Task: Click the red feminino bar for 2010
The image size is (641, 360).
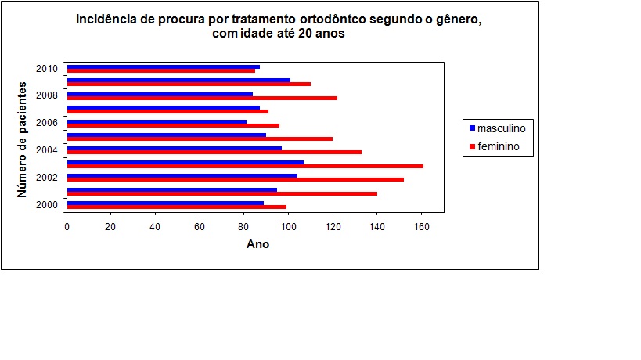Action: pos(160,70)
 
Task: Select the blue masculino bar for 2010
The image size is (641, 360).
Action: pos(163,67)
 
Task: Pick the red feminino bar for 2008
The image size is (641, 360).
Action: pos(202,98)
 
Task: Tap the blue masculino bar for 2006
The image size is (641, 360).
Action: pos(157,121)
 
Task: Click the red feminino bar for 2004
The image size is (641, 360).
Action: pos(214,152)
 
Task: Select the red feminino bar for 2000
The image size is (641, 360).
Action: pos(176,207)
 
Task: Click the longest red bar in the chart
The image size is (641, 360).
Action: pos(245,166)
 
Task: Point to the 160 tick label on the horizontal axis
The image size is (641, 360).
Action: pos(422,228)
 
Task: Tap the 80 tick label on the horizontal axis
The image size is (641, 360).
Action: pos(244,228)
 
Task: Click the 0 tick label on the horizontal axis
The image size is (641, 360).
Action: pos(67,228)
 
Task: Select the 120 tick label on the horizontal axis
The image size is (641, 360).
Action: pos(333,228)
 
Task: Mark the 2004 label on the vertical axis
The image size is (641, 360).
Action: pos(47,150)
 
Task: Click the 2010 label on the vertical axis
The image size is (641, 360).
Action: pos(47,68)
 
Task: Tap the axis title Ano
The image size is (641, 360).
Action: pos(257,244)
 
